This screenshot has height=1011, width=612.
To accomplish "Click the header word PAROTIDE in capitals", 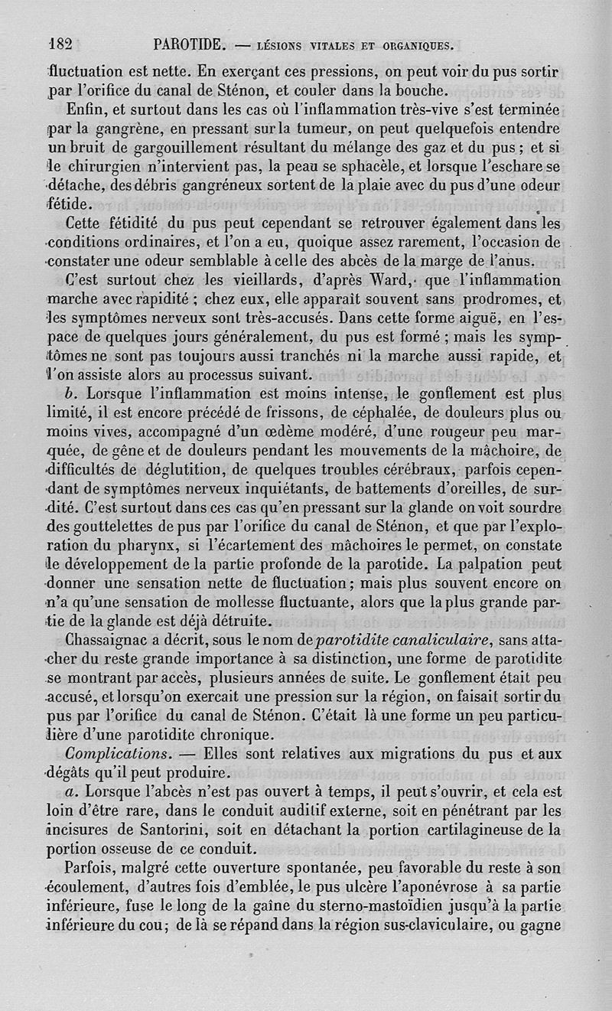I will tap(187, 44).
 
